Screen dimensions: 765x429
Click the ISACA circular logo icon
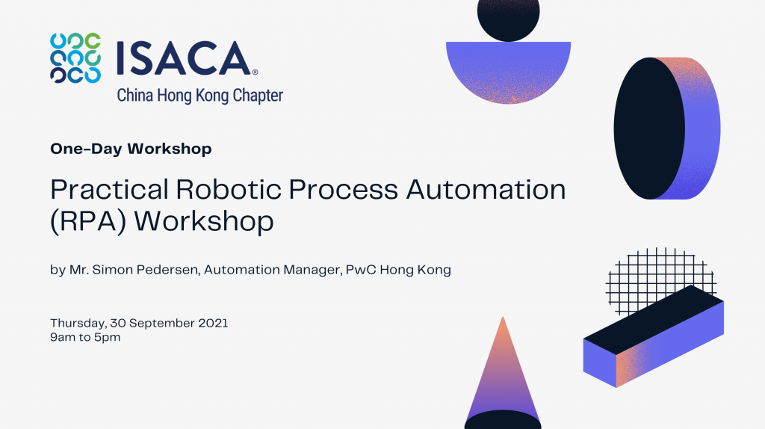coord(75,58)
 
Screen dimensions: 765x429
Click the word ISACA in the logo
coord(185,58)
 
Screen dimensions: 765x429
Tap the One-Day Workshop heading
coord(131,149)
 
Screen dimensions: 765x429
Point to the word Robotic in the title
coord(229,189)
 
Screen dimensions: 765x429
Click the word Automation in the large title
coord(486,189)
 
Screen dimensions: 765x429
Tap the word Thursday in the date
coord(78,323)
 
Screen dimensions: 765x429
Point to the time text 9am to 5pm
coord(85,337)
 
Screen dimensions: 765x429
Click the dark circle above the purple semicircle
coord(508,19)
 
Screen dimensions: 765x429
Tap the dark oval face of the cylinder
coord(649,129)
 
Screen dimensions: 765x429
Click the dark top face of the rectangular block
coord(654,320)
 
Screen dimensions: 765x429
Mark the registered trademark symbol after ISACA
coord(255,72)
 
